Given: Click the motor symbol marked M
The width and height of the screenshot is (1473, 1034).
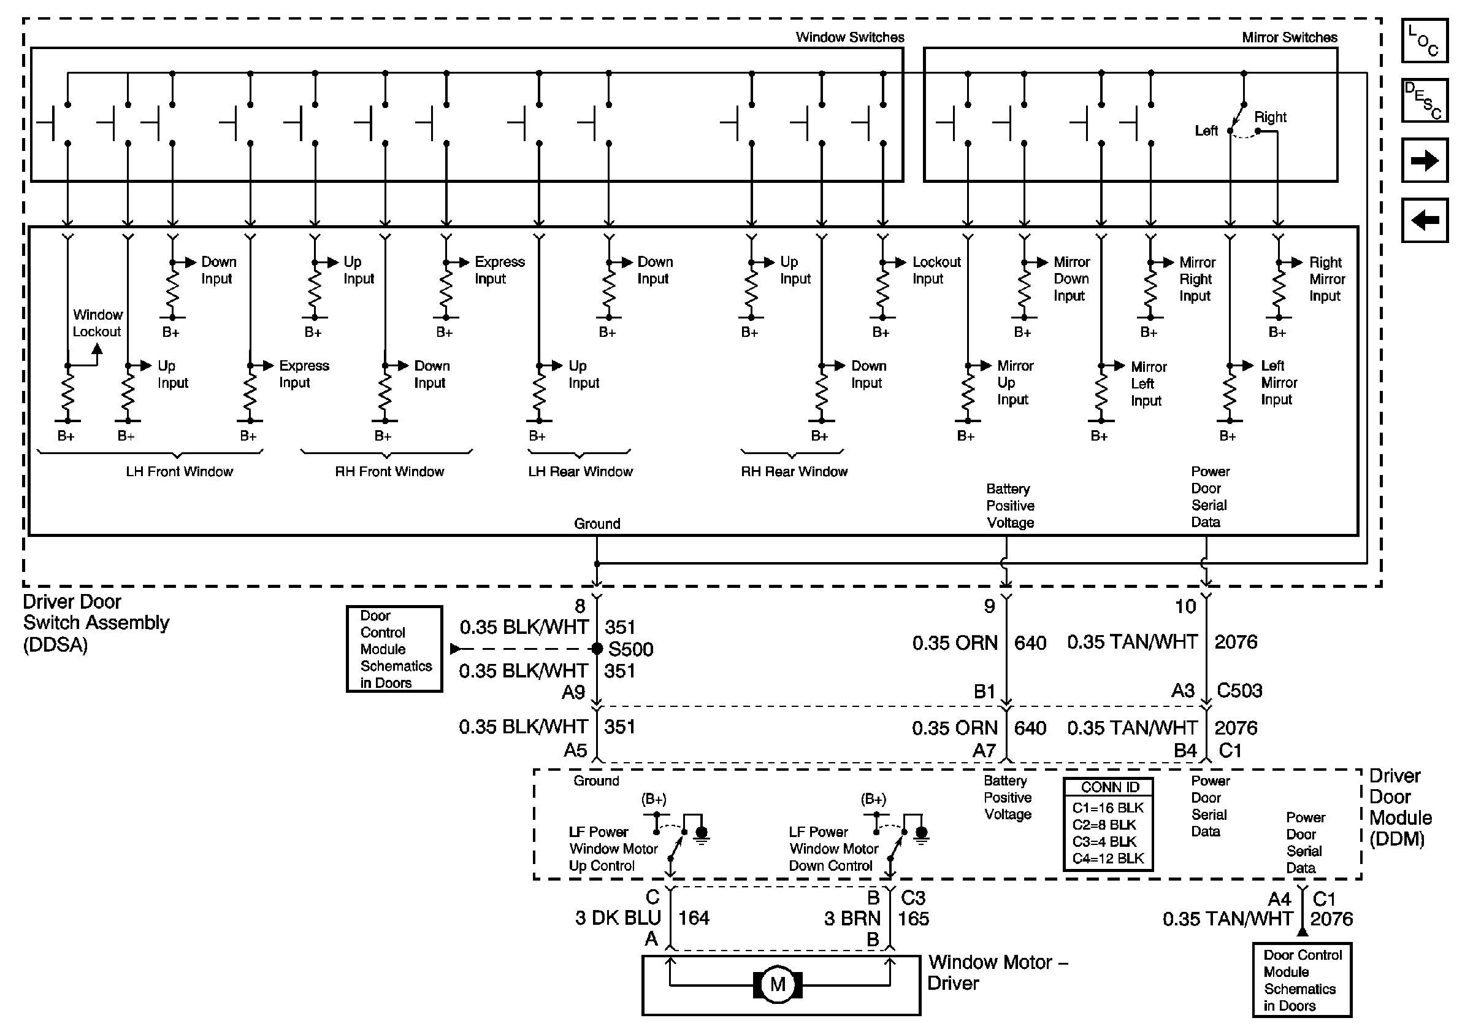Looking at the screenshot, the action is pos(778,984).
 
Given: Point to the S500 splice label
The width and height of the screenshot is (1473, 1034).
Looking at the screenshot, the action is pos(630,649).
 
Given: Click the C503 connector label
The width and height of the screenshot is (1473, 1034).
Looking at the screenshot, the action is pos(1239,690).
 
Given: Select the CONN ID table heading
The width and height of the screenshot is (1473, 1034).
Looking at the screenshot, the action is pos(1110,787).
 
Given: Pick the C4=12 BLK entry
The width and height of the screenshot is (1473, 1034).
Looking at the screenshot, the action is pos(1108,858).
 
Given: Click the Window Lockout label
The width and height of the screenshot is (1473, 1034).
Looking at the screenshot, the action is pos(97,323).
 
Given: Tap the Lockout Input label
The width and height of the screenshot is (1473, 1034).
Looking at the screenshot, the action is pos(936,270).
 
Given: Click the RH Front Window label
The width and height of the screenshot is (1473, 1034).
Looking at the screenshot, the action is pos(389,472).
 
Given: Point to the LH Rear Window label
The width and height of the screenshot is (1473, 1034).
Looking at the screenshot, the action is pos(581,472).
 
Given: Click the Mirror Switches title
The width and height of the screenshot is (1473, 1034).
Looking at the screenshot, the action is pos(1290,37).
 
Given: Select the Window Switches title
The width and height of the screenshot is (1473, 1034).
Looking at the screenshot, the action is pos(850,37).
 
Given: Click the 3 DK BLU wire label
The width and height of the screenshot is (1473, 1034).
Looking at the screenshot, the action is pos(618,918).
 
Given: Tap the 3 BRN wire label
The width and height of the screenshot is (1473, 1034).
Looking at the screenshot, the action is pos(852,919).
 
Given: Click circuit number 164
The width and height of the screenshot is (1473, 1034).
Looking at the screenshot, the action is pos(694,918).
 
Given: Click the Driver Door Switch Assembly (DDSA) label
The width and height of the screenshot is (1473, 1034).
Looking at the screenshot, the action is pos(96,623).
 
